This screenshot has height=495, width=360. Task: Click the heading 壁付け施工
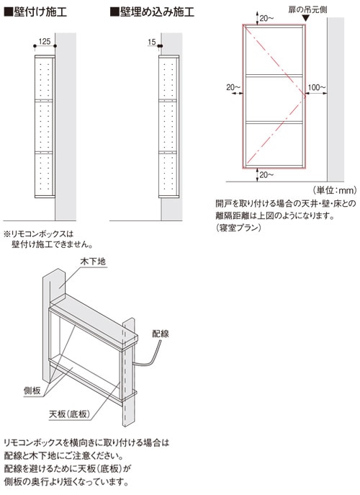tap(40, 12)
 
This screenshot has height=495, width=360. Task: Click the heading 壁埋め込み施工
tap(157, 12)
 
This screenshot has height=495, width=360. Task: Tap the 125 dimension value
tap(45, 41)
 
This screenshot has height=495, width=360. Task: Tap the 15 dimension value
tap(152, 42)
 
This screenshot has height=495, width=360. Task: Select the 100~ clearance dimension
tap(317, 87)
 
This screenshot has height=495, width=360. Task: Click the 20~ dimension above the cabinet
tap(266, 18)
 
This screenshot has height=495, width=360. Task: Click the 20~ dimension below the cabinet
tap(266, 174)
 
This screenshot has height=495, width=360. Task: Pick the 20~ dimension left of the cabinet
tap(233, 87)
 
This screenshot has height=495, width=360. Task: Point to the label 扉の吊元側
tap(307, 9)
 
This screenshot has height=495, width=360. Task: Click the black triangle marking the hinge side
tap(306, 18)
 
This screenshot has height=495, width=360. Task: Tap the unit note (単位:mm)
tap(335, 190)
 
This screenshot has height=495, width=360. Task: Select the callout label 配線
tap(161, 334)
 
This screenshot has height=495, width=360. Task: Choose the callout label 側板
tap(32, 391)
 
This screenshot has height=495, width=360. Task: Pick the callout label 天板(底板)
tap(70, 414)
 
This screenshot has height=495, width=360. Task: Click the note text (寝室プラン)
tap(238, 227)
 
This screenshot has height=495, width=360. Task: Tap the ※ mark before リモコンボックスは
tap(7, 234)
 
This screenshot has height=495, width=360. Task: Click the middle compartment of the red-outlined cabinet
tap(274, 99)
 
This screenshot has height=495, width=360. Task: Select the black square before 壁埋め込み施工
tap(114, 12)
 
